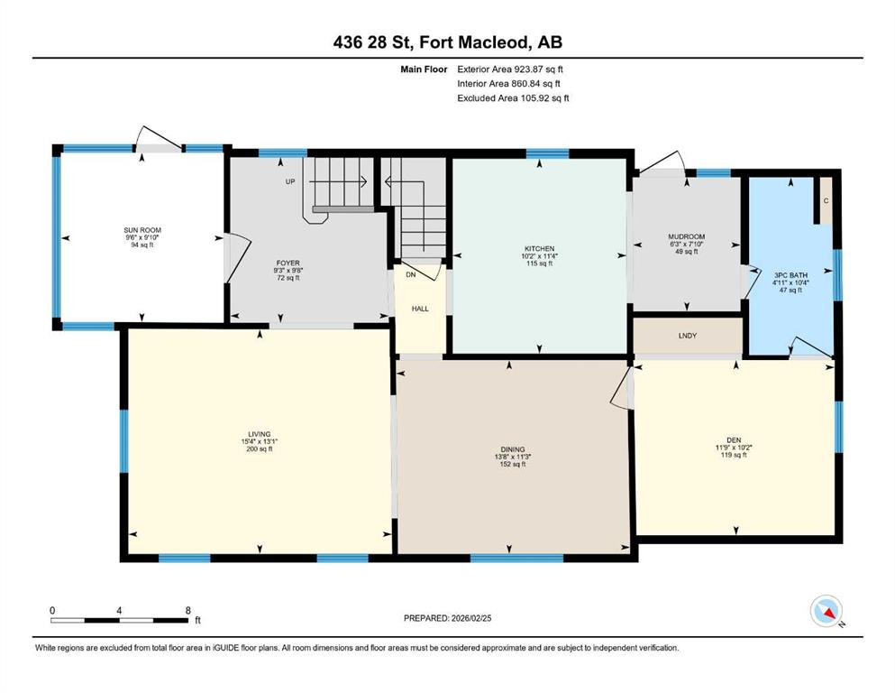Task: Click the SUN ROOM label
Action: click(142, 230)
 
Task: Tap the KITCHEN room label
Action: click(539, 249)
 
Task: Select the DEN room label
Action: click(734, 440)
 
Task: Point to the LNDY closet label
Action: click(688, 336)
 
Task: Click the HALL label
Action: click(420, 310)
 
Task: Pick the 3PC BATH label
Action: click(790, 275)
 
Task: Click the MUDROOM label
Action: click(687, 236)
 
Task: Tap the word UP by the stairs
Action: click(290, 181)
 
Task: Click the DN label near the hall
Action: click(411, 275)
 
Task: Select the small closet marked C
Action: click(826, 200)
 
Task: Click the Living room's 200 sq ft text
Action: click(260, 449)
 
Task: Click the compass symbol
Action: click(827, 611)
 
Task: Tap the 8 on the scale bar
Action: click(187, 611)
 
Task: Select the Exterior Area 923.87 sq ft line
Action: click(510, 69)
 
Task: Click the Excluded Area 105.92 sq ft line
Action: click(513, 98)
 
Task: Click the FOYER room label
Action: click(288, 263)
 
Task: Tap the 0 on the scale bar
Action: click(52, 611)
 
